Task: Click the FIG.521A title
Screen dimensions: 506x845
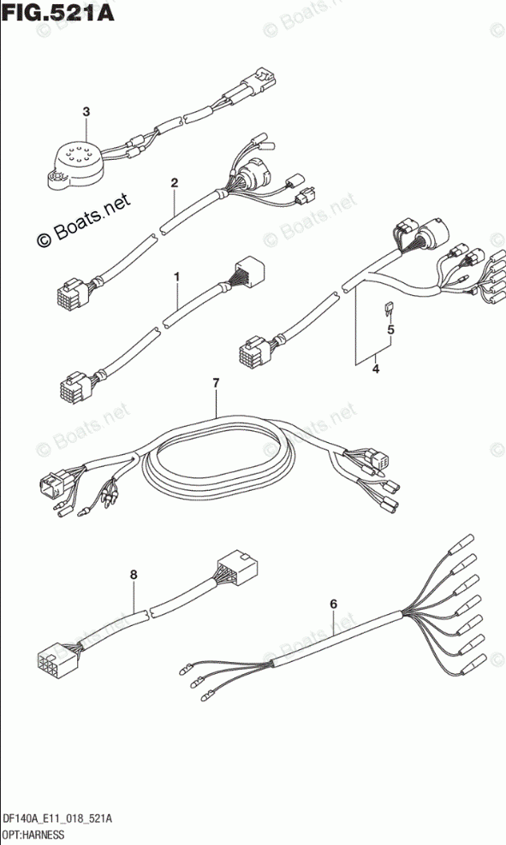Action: [58, 13]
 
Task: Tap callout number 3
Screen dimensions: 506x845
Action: [86, 111]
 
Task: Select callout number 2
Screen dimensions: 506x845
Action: [175, 183]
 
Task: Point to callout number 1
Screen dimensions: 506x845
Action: [176, 277]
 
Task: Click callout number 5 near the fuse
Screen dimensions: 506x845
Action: [390, 328]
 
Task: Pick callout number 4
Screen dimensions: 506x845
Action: [376, 369]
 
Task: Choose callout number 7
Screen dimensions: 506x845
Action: [216, 384]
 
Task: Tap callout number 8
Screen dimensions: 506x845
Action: [134, 575]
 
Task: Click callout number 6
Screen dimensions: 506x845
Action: [333, 604]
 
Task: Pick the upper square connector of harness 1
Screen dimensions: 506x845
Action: [248, 270]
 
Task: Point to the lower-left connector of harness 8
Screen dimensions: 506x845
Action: [57, 659]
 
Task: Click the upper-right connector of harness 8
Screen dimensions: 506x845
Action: [237, 569]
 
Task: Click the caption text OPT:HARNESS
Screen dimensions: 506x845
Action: [33, 836]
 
